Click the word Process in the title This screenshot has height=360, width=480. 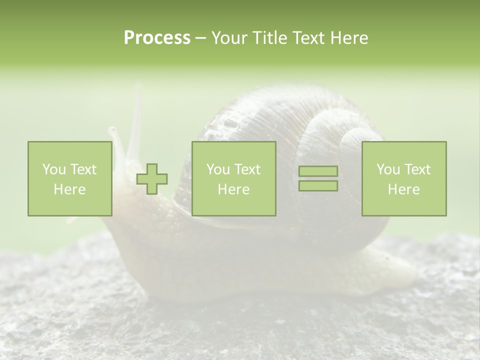click(x=157, y=38)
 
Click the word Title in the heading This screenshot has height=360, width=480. click(x=268, y=38)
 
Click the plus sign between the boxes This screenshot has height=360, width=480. click(x=152, y=179)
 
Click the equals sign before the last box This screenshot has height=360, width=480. click(x=318, y=178)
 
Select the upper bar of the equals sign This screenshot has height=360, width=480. click(x=318, y=171)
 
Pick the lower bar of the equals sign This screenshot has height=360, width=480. click(x=318, y=186)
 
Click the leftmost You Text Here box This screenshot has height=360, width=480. click(x=69, y=179)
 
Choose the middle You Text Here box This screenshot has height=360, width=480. click(x=233, y=179)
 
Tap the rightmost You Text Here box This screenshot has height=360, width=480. click(x=403, y=179)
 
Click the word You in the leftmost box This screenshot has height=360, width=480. click(x=54, y=169)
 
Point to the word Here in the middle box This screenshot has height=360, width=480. click(x=233, y=189)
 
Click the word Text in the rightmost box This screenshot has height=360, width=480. click(x=417, y=169)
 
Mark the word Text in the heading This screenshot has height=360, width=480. click(x=308, y=38)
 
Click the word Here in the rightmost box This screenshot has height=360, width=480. click(x=403, y=189)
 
